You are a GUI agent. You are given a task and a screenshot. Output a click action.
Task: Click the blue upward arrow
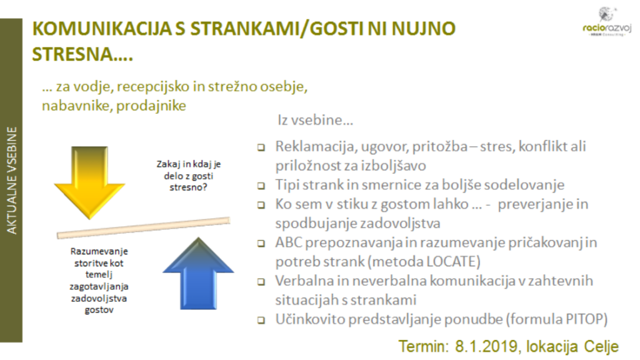198,274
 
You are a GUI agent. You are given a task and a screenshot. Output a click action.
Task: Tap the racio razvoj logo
607,22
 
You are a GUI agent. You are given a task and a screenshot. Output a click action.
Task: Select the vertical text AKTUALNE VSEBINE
12,180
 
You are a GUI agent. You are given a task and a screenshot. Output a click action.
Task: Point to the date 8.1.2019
486,346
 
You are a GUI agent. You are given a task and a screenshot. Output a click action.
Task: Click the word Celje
601,347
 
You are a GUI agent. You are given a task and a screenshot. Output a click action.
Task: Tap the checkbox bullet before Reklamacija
261,147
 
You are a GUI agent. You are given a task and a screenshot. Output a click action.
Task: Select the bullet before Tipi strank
261,186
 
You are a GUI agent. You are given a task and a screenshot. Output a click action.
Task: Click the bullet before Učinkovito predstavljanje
261,321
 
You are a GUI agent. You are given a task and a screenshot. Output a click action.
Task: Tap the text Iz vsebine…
315,120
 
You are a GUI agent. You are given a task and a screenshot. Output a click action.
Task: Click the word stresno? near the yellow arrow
188,187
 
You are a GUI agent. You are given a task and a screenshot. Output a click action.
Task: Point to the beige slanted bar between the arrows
143,227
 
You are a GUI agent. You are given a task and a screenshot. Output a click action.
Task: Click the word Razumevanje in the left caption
99,251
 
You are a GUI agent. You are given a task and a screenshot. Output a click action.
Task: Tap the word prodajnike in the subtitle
151,106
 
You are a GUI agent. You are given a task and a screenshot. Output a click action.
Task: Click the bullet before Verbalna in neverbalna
261,282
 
